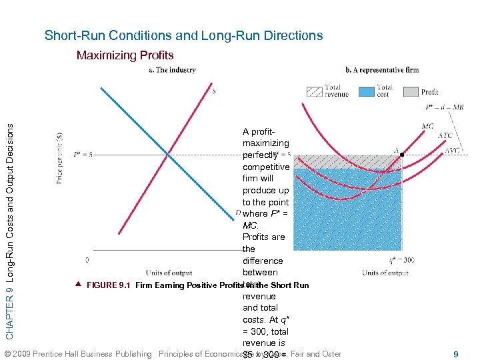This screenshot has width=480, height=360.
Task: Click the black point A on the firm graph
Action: coord(402,155)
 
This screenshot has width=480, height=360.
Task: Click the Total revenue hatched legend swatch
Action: coord(314,91)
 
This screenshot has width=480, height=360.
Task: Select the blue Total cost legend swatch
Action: coord(366,91)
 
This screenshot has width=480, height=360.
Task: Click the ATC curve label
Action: coord(445,136)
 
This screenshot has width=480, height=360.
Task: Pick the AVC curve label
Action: coord(453,150)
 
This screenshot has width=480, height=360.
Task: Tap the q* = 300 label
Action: coord(401,260)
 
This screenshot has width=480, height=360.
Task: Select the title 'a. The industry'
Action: coord(171,70)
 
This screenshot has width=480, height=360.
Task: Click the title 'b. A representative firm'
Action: coord(382,70)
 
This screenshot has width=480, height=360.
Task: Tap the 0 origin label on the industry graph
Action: coord(87,260)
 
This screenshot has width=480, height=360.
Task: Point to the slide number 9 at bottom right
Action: coord(457,355)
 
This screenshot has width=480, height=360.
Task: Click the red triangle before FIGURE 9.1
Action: coord(79,285)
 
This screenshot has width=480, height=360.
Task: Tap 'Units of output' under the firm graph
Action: coord(385,273)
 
